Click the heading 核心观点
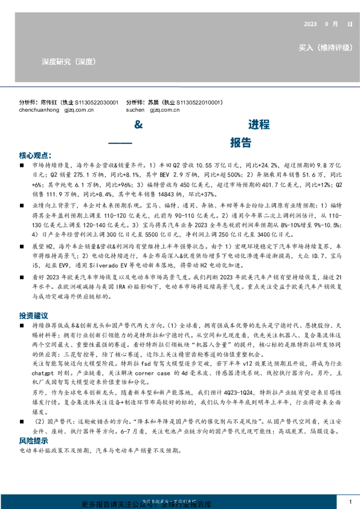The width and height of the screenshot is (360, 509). point(35,154)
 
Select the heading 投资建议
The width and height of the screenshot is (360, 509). point(33,316)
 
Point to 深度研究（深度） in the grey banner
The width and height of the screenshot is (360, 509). point(68,61)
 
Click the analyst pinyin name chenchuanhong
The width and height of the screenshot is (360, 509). point(41,111)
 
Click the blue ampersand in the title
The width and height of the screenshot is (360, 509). point(137,125)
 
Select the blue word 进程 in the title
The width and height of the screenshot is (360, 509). point(259,125)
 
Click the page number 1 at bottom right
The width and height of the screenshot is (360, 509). point(350,502)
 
